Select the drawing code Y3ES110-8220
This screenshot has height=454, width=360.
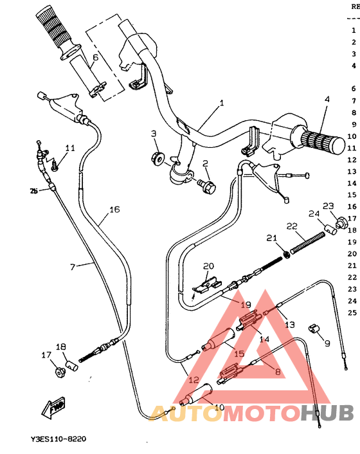[x=58, y=439]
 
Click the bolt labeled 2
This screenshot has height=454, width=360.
[x=207, y=185]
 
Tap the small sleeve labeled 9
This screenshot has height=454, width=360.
[x=314, y=330]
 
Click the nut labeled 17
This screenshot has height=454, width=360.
[x=60, y=370]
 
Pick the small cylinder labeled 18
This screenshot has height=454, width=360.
[x=73, y=366]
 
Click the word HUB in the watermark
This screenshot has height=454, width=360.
[x=326, y=413]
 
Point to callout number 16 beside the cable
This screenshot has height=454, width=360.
[x=114, y=210]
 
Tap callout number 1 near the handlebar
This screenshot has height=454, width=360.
[x=222, y=103]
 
